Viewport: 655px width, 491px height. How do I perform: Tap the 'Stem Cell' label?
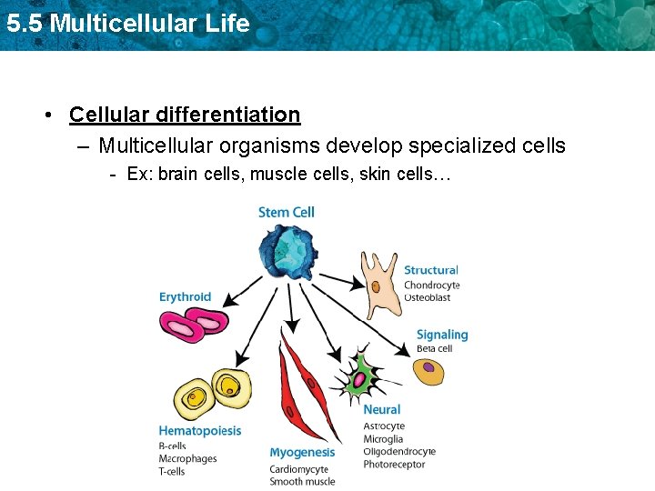click(286, 213)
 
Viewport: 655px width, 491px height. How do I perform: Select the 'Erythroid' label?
click(185, 296)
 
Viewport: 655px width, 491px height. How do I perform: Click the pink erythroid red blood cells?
click(194, 324)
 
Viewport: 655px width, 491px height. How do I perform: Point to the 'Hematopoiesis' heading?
click(200, 431)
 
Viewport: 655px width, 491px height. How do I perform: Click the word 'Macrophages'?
click(187, 458)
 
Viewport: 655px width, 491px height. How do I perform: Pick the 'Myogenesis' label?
click(302, 453)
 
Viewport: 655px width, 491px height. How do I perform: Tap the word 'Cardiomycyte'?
click(298, 469)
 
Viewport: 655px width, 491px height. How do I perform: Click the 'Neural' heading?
click(381, 410)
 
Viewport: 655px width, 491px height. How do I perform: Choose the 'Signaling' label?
click(441, 335)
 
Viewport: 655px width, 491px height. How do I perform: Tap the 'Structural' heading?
click(430, 270)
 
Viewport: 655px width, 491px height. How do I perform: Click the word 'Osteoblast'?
click(428, 297)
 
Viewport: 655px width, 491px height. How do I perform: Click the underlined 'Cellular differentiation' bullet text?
click(185, 115)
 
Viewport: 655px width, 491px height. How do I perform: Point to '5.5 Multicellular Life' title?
click(127, 24)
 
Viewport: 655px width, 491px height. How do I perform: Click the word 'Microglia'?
click(383, 439)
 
